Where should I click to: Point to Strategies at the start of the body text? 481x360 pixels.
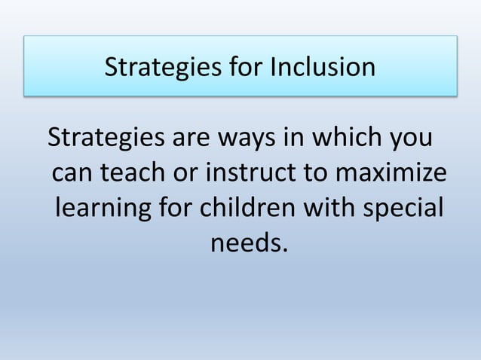pos(105,140)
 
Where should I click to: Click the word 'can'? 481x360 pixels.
pos(74,174)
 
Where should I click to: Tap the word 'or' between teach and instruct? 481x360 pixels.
pos(192,174)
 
